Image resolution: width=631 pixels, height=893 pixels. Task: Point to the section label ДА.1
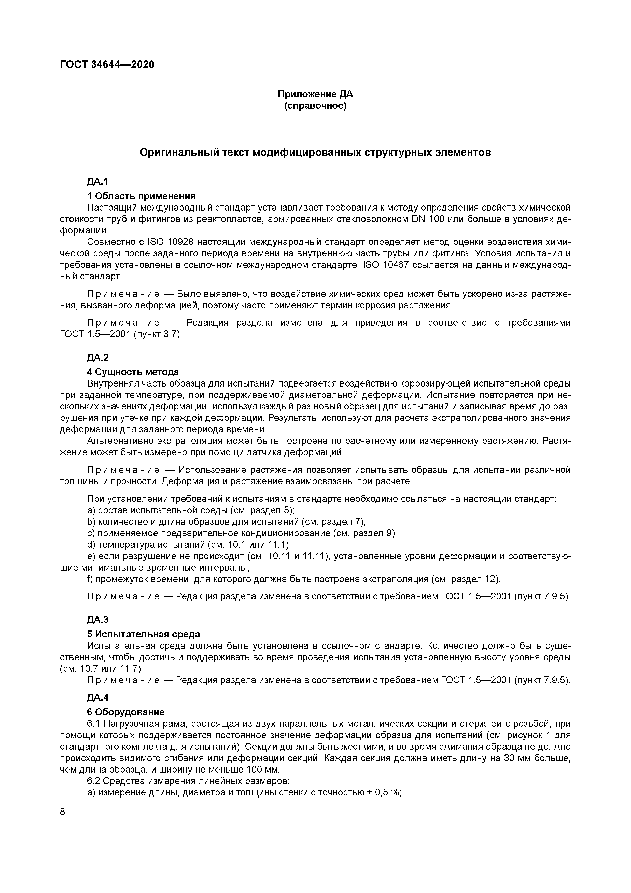point(97,181)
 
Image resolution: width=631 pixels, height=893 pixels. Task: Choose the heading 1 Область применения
point(141,196)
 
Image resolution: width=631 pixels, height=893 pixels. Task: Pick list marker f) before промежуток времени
point(90,579)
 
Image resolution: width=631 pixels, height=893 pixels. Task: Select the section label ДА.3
point(97,620)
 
